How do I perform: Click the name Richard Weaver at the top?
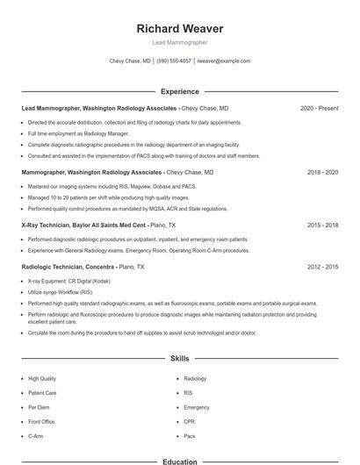[179, 28]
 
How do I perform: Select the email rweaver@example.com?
[224, 61]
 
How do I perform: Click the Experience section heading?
[179, 91]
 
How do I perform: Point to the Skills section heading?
[179, 359]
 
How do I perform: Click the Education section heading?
[179, 460]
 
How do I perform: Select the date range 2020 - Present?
[319, 109]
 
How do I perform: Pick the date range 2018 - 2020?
[322, 173]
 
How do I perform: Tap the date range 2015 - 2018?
[322, 225]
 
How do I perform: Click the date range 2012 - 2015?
[322, 266]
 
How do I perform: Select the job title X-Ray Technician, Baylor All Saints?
[83, 225]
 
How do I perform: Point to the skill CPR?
[189, 421]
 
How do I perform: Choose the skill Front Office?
[43, 421]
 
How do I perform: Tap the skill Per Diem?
[39, 407]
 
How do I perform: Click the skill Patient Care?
[42, 393]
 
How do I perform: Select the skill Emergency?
[197, 407]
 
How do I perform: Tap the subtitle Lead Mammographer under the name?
[179, 42]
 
